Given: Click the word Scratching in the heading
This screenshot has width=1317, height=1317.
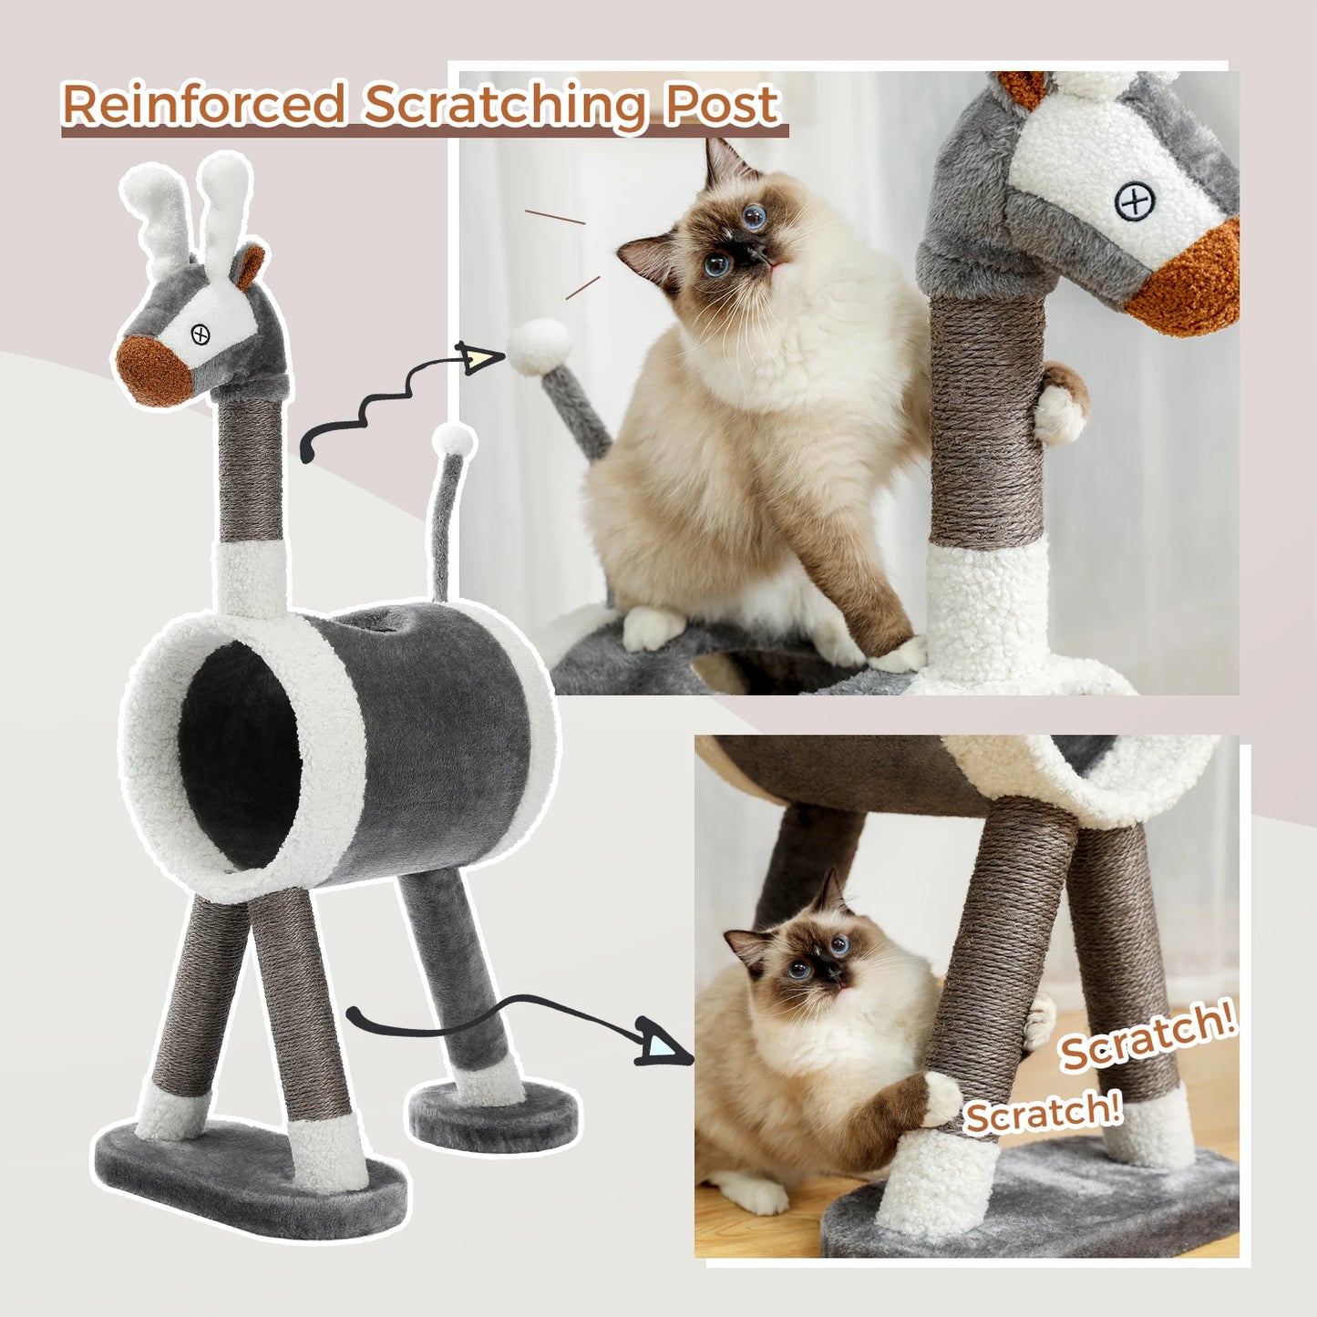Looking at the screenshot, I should coord(507,106).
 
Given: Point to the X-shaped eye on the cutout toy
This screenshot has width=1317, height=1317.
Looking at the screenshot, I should coord(201,335).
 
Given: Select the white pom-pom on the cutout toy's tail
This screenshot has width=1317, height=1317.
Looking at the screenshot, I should coord(454,442).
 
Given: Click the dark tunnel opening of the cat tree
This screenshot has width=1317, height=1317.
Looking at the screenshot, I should coord(240,756).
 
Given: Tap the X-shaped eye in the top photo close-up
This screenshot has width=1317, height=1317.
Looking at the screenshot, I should coord(1135,201).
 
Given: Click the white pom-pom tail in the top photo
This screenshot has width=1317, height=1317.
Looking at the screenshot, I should coord(540,345).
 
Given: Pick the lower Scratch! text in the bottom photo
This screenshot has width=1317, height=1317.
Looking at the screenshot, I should coord(1043,1113).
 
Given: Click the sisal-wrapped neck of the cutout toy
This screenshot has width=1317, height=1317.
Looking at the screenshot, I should coord(250,475).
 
